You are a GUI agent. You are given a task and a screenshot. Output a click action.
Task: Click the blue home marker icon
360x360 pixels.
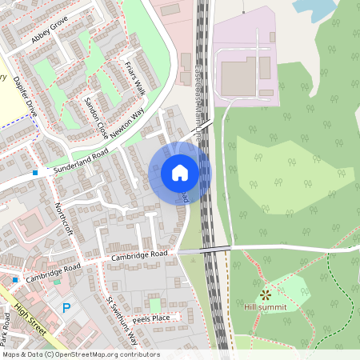click(x=180, y=173)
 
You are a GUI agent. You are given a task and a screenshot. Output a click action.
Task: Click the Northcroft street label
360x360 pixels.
click(x=63, y=219)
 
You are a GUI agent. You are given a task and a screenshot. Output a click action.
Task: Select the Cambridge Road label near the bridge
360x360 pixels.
click(x=138, y=254)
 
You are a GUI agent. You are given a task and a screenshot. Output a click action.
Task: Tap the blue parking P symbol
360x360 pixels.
click(x=66, y=307)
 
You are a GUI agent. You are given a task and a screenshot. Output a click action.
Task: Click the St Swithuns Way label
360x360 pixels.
click(x=122, y=321)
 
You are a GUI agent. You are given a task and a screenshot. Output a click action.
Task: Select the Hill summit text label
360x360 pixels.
click(x=266, y=306)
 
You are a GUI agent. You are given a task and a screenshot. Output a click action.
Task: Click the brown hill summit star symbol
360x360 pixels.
click(x=265, y=294)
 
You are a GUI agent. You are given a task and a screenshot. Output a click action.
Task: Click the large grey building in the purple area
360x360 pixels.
click(x=238, y=75)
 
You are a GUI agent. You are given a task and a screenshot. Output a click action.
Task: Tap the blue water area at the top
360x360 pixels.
click(x=314, y=9)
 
